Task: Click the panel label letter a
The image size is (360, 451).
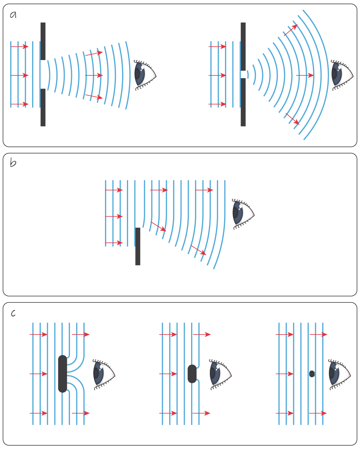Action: [13, 15]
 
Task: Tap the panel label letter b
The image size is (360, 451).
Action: [13, 163]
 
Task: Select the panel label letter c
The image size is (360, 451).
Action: [13, 313]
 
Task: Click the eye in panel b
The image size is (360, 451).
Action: [243, 214]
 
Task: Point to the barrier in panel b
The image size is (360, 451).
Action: [138, 246]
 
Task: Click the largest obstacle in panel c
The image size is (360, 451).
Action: [63, 374]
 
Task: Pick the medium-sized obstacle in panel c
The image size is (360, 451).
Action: [192, 374]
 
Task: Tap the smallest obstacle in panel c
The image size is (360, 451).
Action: [312, 374]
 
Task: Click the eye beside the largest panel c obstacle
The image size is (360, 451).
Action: [104, 374]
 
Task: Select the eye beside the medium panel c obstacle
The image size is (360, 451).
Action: [220, 374]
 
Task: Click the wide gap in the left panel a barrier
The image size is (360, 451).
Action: [43, 74]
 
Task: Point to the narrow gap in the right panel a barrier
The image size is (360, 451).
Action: [243, 74]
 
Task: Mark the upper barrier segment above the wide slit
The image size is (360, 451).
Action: [43, 41]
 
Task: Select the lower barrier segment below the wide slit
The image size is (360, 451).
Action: [43, 107]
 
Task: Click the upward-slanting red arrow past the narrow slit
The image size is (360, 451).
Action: [291, 30]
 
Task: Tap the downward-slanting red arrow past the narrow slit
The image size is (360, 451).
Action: [292, 119]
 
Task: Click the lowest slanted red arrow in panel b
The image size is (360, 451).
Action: [199, 250]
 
